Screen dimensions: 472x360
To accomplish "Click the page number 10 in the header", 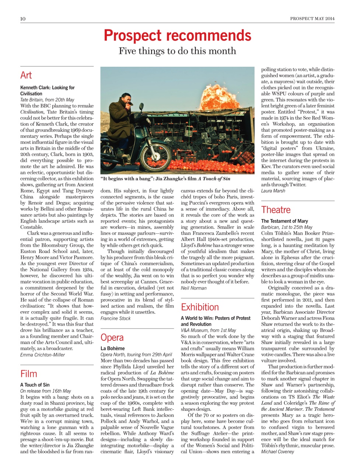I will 23,19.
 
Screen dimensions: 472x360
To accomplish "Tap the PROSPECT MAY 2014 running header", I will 312,18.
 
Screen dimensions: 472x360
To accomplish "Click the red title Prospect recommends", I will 177,35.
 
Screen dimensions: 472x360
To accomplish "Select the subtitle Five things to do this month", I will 177,51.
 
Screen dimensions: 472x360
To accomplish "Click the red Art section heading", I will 26,75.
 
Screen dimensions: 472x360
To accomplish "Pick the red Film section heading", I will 29,374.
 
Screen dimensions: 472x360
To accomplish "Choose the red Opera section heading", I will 112,337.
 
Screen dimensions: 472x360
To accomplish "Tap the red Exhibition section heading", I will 200,307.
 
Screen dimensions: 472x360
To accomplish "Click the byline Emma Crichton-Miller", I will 42,355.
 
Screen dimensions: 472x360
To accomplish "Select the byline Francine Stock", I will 115,318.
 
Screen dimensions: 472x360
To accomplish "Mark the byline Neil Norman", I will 193,288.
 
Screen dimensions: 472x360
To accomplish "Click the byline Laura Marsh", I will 273,191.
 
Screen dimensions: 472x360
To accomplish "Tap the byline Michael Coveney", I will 277,452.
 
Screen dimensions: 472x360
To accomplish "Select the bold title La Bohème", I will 112,348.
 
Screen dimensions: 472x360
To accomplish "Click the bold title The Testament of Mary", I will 284,221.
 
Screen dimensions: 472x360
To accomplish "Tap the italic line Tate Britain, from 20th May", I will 47,100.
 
